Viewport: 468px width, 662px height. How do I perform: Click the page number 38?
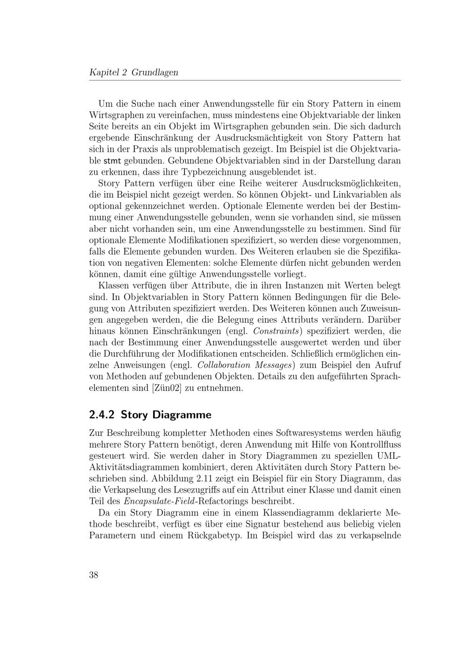pyautogui.click(x=94, y=575)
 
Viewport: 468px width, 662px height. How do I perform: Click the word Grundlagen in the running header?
pyautogui.click(x=154, y=73)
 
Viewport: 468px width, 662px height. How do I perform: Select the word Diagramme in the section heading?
pyautogui.click(x=187, y=415)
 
